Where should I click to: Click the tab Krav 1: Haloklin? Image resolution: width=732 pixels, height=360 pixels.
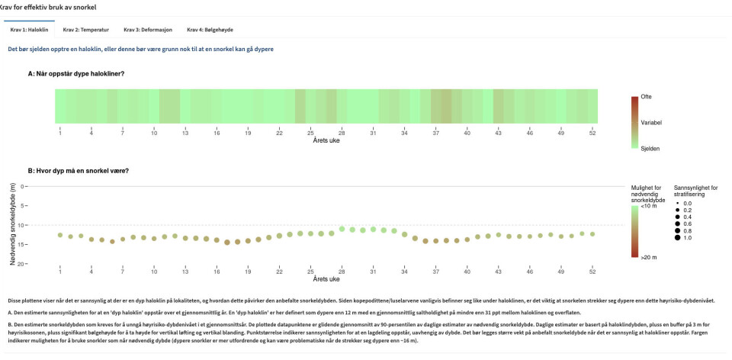[29, 30]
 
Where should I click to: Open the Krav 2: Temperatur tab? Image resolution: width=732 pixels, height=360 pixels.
[85, 30]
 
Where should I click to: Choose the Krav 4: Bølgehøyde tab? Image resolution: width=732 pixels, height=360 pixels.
[210, 30]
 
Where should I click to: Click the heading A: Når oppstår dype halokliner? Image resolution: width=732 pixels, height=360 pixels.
[76, 73]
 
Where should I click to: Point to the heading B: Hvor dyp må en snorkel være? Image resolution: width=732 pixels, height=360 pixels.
[78, 170]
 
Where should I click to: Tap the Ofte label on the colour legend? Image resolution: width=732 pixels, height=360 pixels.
[646, 97]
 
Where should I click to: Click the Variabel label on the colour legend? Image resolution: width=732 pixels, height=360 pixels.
[651, 122]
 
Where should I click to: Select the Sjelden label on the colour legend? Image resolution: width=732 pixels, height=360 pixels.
[650, 148]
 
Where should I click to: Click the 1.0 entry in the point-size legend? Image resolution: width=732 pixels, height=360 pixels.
[688, 238]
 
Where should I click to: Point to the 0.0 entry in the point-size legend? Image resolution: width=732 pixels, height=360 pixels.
[688, 204]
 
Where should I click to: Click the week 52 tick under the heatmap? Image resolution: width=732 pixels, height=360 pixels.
[592, 133]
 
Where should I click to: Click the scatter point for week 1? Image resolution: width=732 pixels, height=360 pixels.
[60, 235]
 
